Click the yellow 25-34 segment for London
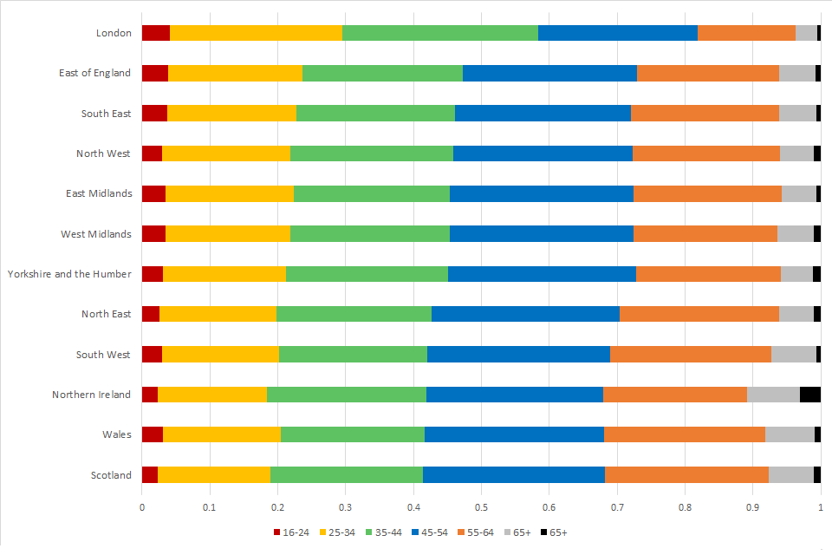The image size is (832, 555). coord(256,33)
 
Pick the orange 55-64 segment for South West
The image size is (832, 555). coord(690,354)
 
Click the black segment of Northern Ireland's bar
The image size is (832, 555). coord(809,395)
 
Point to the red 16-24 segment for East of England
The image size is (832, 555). coord(155,73)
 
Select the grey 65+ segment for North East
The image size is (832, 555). coord(796,314)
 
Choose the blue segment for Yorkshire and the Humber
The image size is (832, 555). coord(542,274)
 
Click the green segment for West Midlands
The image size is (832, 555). coord(369,234)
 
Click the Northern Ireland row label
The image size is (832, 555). coord(91,395)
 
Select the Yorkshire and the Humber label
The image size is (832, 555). coord(69,274)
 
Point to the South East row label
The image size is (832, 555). coord(106,114)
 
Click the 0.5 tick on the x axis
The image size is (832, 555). coord(481,506)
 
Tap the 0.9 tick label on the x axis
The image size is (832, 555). coord(752,506)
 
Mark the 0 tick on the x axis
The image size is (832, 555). coord(142,506)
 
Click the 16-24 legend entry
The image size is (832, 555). coord(289,532)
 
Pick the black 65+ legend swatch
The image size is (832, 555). coord(543,532)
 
